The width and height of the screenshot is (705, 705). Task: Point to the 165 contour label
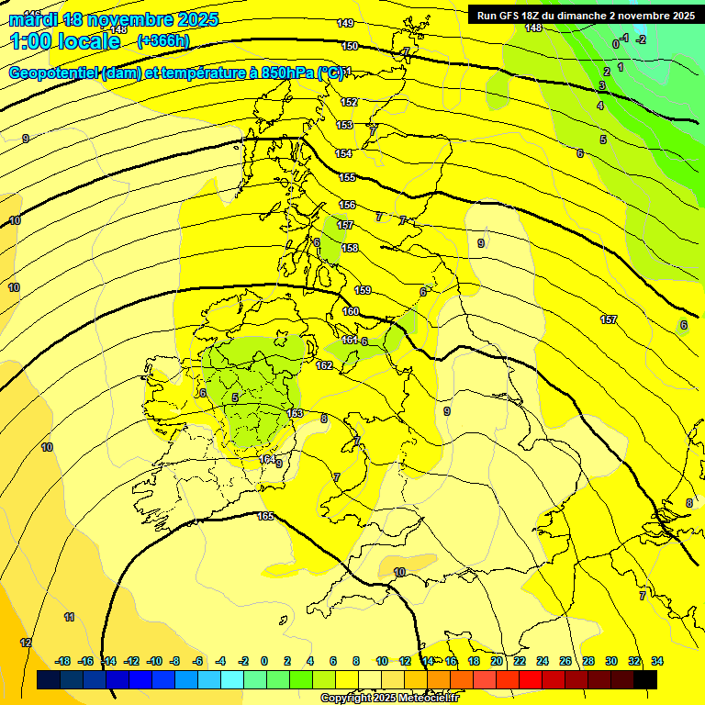click(x=265, y=517)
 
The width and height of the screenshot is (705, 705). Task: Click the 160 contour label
click(x=351, y=311)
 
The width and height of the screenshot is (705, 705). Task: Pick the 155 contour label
click(x=347, y=177)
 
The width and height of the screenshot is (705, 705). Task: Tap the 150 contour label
click(x=350, y=45)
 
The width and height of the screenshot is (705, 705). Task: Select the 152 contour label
click(x=349, y=102)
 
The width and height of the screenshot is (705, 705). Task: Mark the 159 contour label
click(x=363, y=290)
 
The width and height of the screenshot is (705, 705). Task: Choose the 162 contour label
click(x=324, y=365)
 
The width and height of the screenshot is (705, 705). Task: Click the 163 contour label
click(x=295, y=413)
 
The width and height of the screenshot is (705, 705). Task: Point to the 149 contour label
click(x=345, y=23)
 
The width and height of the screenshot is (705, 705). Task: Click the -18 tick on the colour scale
click(x=63, y=661)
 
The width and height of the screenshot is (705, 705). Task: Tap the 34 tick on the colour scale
click(x=656, y=661)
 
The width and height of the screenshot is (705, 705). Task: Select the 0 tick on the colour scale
click(x=264, y=661)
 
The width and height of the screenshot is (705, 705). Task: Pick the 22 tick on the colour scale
click(x=520, y=661)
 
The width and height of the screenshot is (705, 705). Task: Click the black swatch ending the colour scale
click(x=645, y=679)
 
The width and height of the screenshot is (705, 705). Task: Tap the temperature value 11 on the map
click(x=69, y=616)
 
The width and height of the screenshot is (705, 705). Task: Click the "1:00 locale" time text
click(x=65, y=41)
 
